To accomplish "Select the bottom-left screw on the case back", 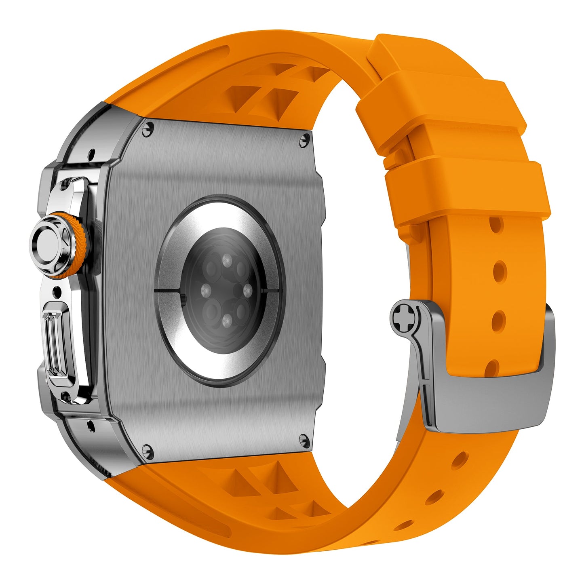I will tap(148, 449).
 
